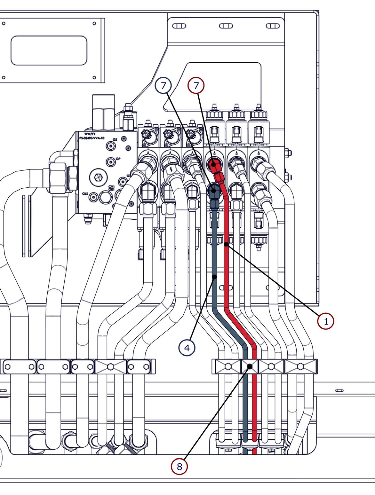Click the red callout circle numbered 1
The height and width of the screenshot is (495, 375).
(326, 321)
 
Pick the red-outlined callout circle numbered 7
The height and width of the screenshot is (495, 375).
(196, 85)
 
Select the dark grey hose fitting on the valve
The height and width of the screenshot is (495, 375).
(213, 191)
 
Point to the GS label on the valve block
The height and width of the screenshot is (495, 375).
(115, 140)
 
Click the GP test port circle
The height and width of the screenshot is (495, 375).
(110, 162)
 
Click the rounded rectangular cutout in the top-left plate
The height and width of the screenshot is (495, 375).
(49, 51)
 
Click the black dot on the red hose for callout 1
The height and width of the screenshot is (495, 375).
(226, 245)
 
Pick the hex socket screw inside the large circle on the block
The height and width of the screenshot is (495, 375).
(98, 176)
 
